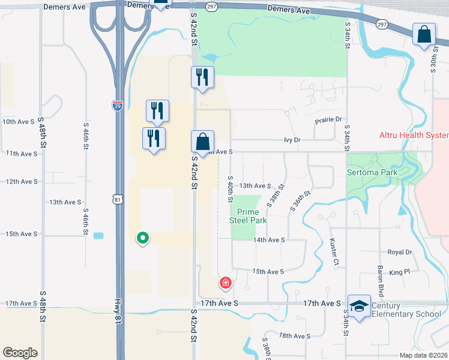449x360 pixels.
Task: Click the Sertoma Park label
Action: [372, 172]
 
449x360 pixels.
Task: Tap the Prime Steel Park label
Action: [248, 216]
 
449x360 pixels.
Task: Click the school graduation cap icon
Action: [359, 307]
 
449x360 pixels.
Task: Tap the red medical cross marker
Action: [226, 282]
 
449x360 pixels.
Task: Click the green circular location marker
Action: [143, 238]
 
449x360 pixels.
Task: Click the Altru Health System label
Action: [414, 136]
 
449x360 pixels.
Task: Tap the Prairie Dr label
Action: [328, 120]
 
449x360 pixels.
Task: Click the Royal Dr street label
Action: [400, 253]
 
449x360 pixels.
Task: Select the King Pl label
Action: [399, 272]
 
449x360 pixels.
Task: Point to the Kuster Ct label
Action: [334, 252]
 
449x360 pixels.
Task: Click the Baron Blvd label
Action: [381, 281]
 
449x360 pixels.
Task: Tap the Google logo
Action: [20, 353]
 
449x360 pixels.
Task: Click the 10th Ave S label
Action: [19, 121]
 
